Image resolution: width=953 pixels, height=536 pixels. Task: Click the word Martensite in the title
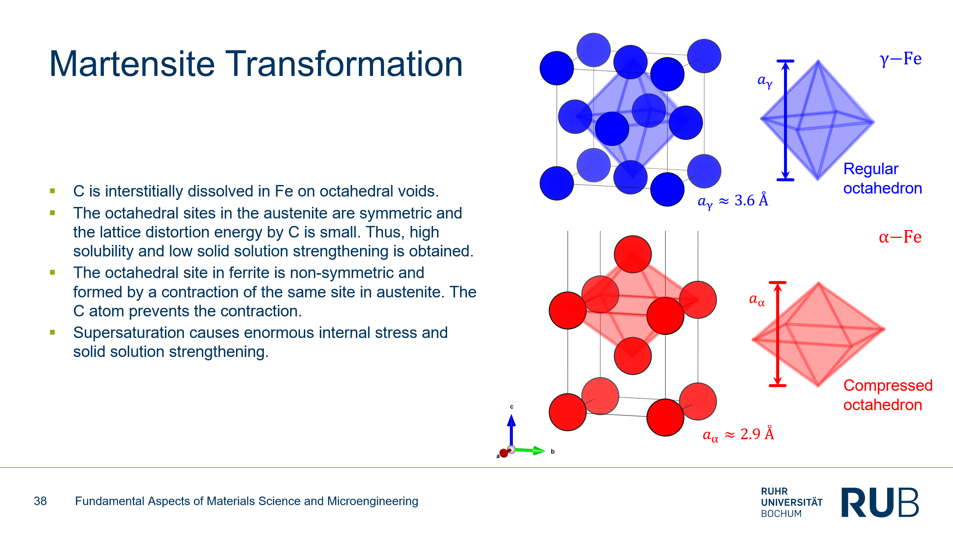click(132, 64)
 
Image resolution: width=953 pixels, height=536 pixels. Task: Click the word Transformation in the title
click(344, 64)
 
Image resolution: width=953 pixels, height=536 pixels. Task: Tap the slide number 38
click(40, 501)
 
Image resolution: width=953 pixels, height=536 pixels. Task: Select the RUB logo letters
click(880, 502)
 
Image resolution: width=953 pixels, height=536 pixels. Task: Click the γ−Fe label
click(901, 59)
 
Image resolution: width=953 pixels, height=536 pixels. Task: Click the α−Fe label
click(900, 237)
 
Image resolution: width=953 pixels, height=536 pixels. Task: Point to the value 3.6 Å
click(751, 200)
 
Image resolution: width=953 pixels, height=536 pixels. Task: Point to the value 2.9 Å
click(757, 434)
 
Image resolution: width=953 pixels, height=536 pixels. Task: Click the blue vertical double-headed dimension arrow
click(785, 120)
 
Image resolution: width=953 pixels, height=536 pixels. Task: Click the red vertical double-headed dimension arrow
click(778, 334)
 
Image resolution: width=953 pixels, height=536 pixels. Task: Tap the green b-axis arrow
click(529, 450)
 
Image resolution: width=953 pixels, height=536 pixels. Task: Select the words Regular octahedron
click(883, 179)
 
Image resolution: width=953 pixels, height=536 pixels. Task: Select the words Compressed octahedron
click(888, 395)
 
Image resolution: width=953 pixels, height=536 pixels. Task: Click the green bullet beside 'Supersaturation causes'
click(52, 332)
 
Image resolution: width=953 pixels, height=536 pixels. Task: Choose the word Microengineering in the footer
click(373, 501)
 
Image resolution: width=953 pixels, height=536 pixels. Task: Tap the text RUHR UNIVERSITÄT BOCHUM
click(792, 502)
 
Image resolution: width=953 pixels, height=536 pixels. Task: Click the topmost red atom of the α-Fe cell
click(632, 254)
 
